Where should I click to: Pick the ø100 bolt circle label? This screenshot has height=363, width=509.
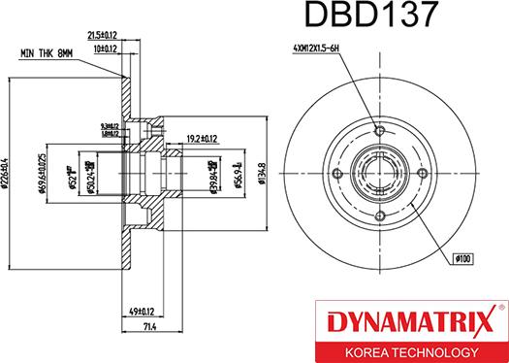[463, 259]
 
